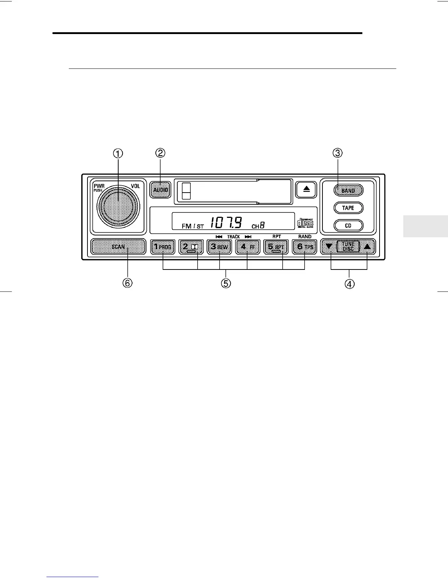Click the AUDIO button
[161, 190]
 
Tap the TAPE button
[348, 208]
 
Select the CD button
[348, 226]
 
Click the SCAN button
[118, 247]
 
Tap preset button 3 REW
[219, 247]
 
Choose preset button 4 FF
[247, 247]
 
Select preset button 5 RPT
[276, 247]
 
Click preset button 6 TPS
[305, 247]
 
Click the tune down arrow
[329, 247]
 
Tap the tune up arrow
[367, 247]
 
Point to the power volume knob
[118, 207]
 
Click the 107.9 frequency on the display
[226, 222]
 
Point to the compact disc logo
[305, 223]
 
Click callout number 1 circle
[118, 154]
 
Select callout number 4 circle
[350, 284]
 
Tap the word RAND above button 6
[305, 237]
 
